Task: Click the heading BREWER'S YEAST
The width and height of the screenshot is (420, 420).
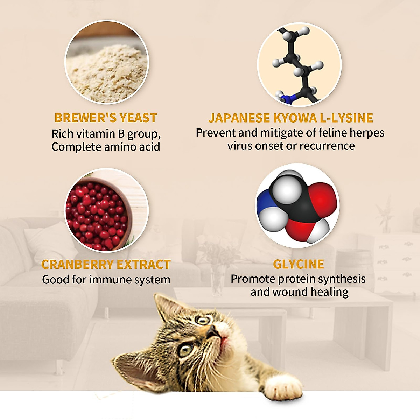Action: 106,118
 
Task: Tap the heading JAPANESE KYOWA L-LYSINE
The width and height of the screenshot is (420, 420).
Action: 290,118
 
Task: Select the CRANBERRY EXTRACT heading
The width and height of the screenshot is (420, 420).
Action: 106,264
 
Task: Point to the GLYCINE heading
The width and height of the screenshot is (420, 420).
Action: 299,264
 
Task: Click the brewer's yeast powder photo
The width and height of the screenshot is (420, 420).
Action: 107,62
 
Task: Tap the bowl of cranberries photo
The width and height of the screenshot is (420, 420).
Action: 107,210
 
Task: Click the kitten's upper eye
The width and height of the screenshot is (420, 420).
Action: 203,320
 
